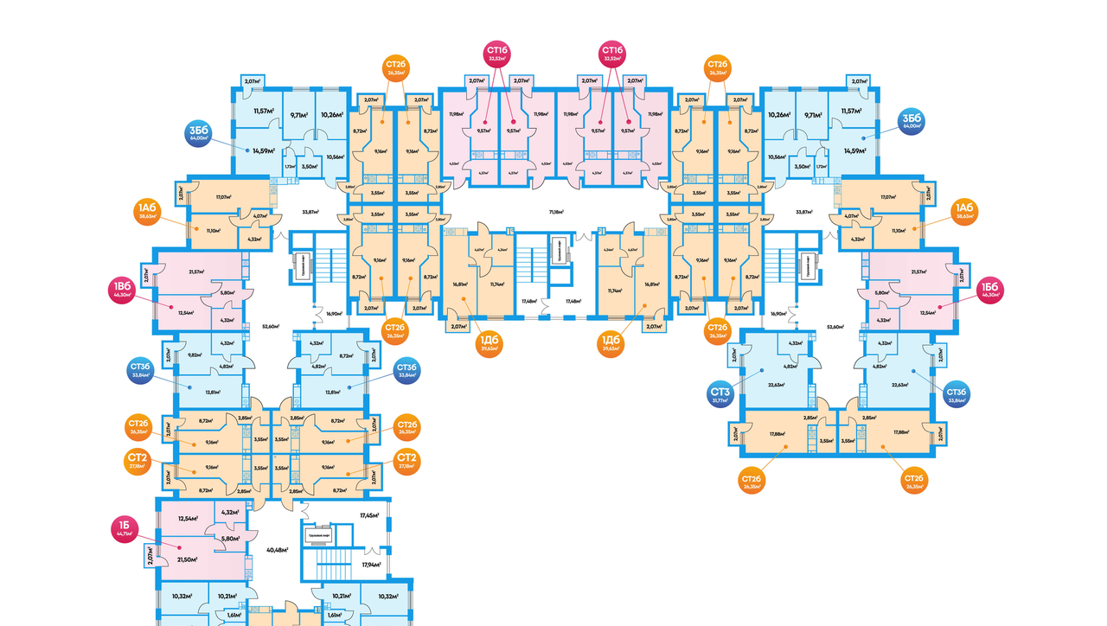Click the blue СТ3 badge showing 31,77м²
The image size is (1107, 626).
tap(720, 396)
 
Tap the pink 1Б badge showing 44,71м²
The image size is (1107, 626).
tap(125, 528)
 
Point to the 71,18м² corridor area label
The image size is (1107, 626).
tap(555, 211)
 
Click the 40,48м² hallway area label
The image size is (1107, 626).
tap(277, 550)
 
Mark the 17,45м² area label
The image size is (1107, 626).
tap(369, 515)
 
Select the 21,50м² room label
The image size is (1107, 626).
tap(187, 559)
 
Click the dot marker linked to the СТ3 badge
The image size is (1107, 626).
tap(762, 369)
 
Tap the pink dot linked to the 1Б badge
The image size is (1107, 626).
tap(179, 547)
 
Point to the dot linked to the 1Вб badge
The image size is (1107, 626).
tap(172, 307)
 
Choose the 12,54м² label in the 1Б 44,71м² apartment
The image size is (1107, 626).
tap(187, 519)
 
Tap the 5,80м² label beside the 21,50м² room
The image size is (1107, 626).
tap(231, 539)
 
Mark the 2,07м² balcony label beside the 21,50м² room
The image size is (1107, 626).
tap(150, 554)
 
